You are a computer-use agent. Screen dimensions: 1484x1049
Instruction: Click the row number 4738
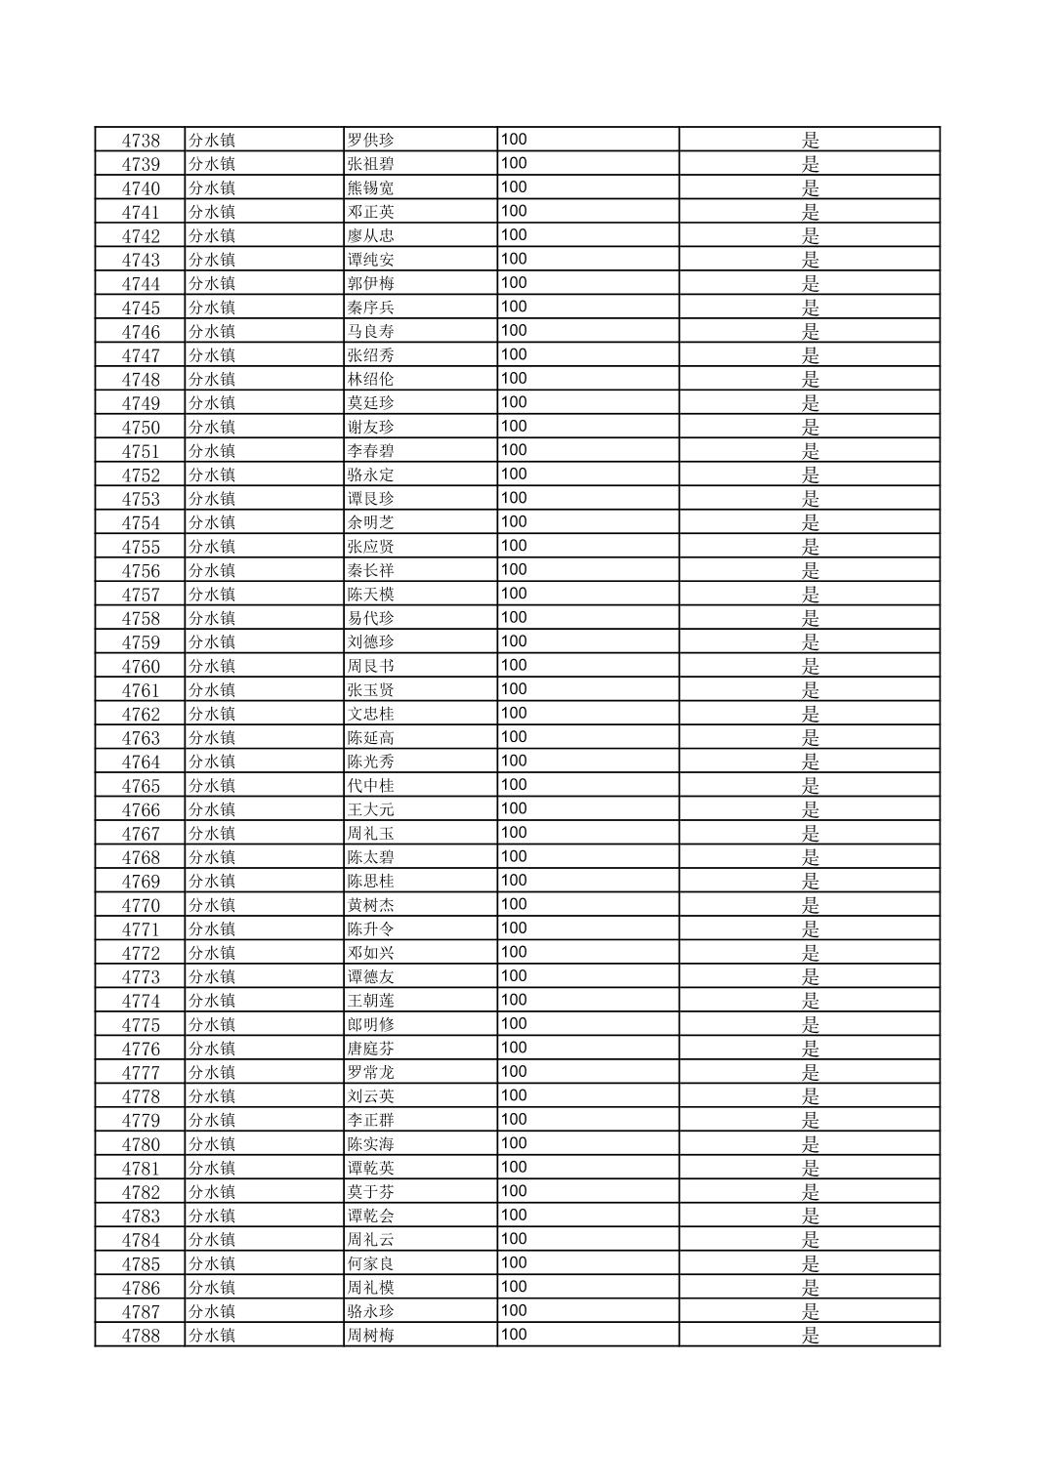141,141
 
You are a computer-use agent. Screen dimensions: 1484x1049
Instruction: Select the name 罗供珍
371,141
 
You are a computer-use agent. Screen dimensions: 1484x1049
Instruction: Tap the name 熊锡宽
371,188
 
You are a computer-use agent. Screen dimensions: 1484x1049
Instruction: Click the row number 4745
141,309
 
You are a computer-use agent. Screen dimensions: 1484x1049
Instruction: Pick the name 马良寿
371,332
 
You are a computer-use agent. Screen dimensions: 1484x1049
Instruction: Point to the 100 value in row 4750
514,427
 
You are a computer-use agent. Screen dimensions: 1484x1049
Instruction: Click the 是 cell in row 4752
810,475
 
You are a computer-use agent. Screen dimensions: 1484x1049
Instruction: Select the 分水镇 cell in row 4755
212,547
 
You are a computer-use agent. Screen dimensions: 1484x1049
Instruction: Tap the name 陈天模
371,595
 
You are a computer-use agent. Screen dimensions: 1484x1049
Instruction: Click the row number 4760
141,667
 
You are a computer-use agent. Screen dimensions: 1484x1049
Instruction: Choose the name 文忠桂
371,715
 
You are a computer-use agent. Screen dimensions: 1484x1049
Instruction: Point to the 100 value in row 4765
514,785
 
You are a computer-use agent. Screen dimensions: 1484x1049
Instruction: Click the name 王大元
371,810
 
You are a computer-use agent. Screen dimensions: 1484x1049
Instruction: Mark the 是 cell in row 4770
810,906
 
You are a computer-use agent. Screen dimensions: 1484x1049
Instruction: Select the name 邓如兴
371,954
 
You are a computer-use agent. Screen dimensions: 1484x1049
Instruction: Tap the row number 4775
141,1025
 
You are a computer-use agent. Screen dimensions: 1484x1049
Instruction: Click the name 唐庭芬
371,1050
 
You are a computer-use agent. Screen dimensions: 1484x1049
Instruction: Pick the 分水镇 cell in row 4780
212,1144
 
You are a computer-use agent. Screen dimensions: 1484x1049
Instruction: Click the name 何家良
371,1264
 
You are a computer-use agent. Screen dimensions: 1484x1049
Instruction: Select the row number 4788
141,1337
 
